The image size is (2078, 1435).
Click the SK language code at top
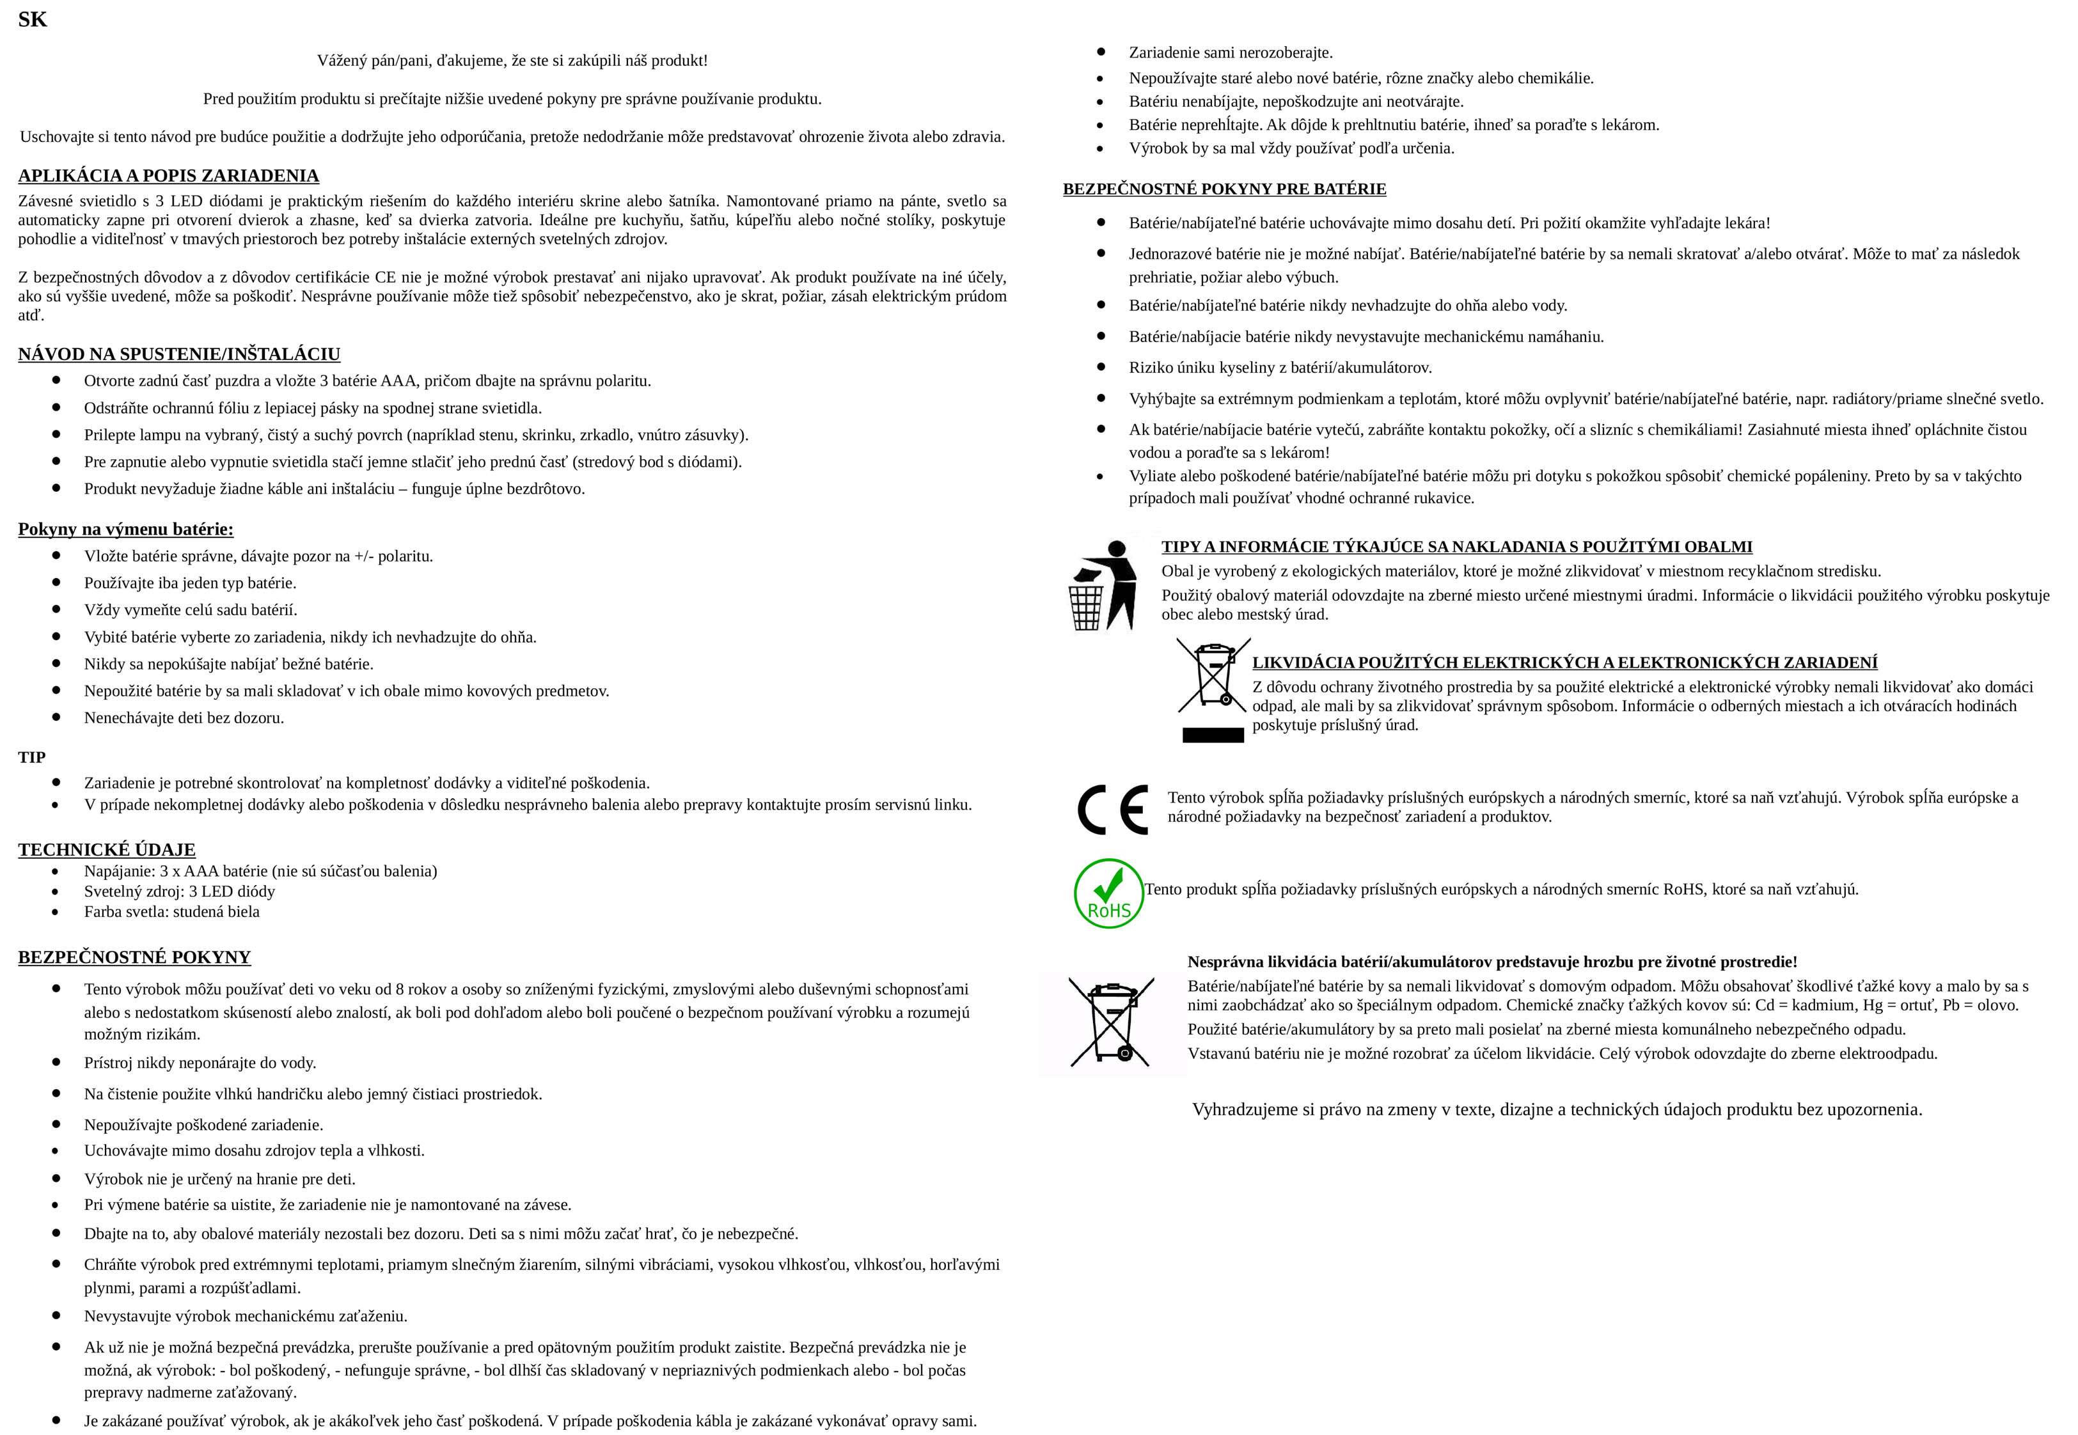pos(33,20)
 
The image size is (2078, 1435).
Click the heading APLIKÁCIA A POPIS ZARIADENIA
pos(168,175)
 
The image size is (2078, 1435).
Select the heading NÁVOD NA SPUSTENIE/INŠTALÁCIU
pos(179,354)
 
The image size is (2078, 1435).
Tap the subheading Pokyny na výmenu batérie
pos(126,529)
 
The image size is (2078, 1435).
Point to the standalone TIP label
pos(31,757)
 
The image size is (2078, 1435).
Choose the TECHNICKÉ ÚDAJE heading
pos(107,850)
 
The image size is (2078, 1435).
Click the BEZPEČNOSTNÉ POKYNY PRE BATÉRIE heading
pos(1224,189)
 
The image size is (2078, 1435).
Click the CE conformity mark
pos(1112,809)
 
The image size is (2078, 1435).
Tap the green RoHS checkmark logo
pos(1108,893)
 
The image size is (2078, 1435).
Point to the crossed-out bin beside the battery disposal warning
pos(1112,1023)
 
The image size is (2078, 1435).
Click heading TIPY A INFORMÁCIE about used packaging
pos(1456,547)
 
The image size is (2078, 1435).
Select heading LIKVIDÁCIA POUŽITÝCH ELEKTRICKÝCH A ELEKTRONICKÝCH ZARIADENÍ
pos(1564,663)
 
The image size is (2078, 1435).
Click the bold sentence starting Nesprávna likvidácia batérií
pos(1492,962)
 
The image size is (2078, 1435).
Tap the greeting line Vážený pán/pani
pos(512,60)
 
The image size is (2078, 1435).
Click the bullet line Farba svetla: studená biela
pos(172,912)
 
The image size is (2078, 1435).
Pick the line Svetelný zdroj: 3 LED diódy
pos(180,891)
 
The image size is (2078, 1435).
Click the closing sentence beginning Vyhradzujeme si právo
pos(1557,1110)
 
